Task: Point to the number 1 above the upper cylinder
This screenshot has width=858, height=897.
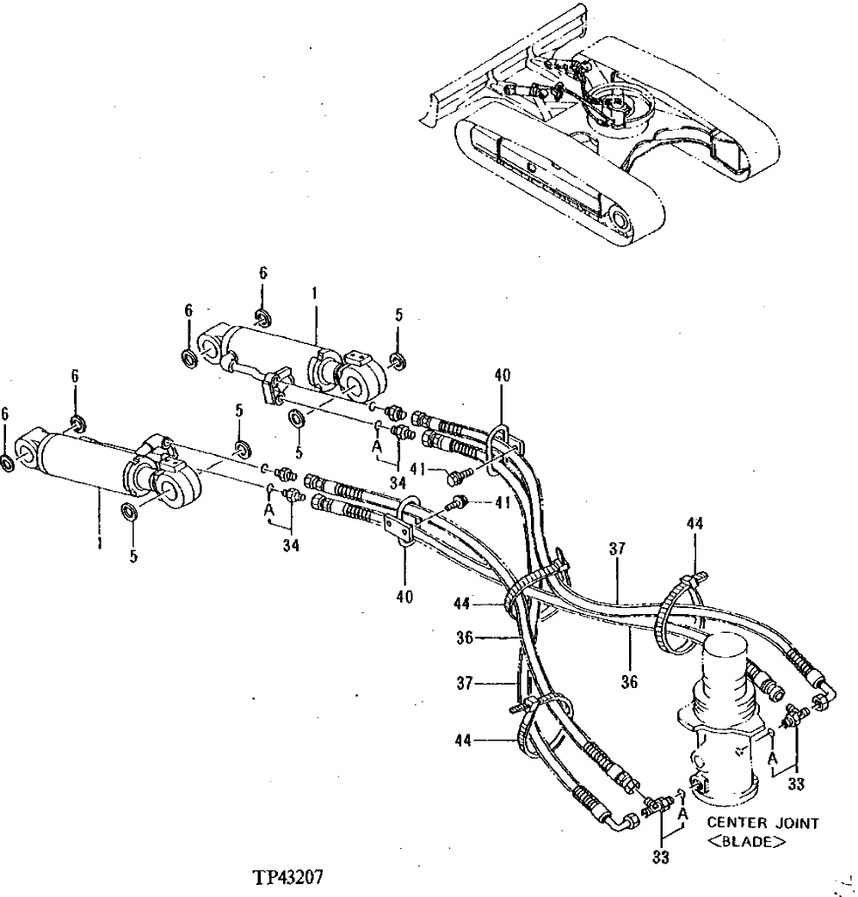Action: point(315,293)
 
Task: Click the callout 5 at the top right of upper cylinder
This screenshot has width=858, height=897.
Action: point(398,316)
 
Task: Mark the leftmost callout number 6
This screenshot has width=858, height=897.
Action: point(6,415)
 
